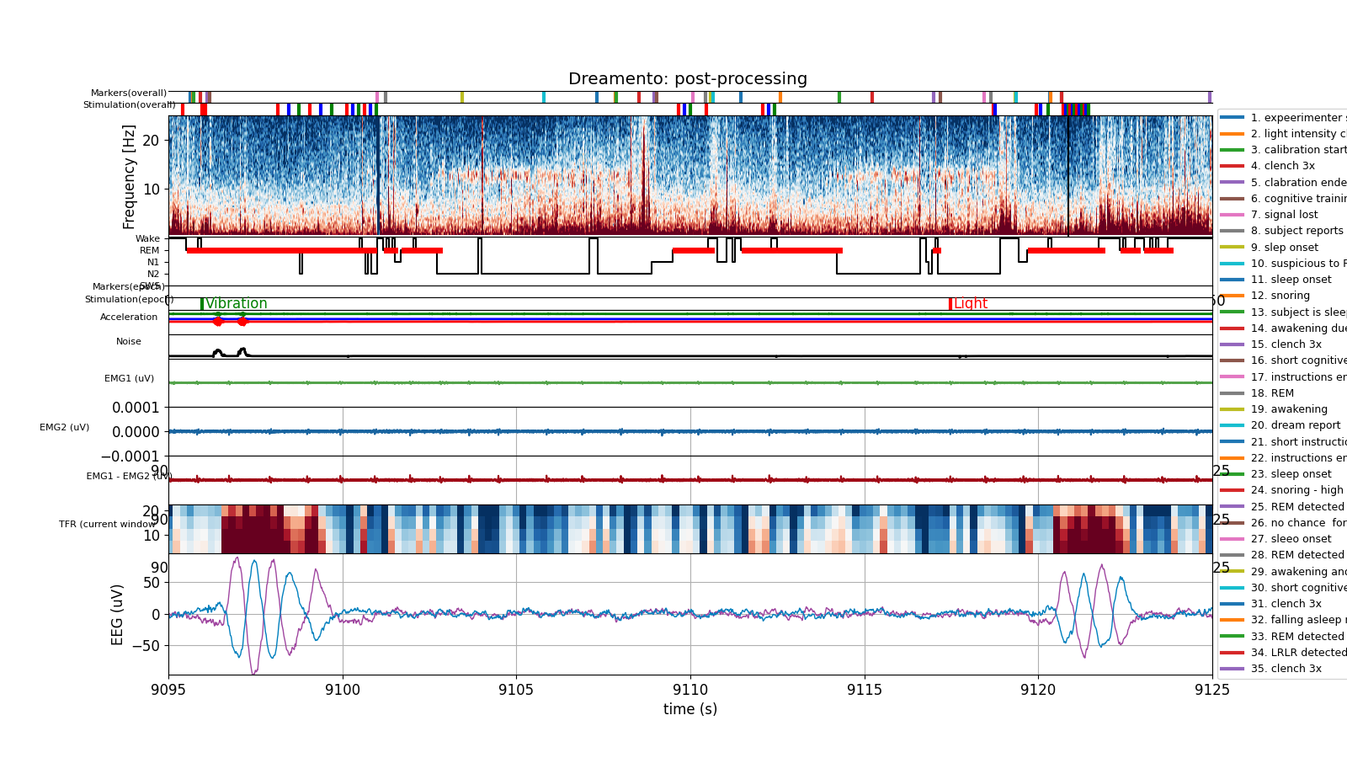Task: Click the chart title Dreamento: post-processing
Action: coord(687,79)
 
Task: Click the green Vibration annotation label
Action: coord(236,304)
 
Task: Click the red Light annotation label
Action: coord(970,304)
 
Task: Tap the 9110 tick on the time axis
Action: coord(690,690)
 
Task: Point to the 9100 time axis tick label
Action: coord(343,690)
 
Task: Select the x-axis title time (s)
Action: coord(689,709)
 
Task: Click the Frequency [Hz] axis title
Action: coord(129,177)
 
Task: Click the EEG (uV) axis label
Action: coord(118,614)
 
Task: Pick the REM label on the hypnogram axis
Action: coord(149,250)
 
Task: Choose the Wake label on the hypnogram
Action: coord(147,238)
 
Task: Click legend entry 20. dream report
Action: coord(1295,425)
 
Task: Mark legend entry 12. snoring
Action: coord(1280,296)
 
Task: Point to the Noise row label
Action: coord(129,341)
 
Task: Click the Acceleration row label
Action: coord(129,317)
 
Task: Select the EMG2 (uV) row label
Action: coord(64,427)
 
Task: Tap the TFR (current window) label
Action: coord(107,524)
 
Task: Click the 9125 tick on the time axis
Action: coord(1211,690)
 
